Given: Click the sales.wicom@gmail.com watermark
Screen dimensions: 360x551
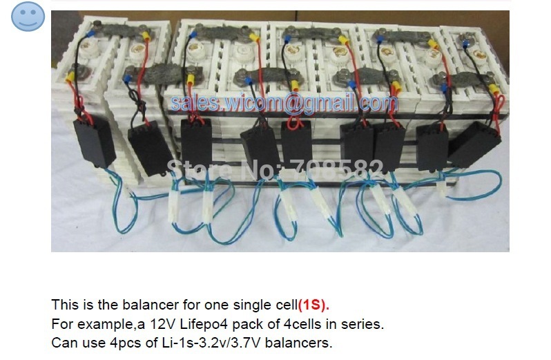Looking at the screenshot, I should tap(284, 104).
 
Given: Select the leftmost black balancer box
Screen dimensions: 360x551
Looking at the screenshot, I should tap(93, 142).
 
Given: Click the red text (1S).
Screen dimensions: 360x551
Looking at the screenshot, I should tap(314, 304).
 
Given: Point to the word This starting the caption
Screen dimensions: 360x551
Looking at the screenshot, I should tap(63, 304).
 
